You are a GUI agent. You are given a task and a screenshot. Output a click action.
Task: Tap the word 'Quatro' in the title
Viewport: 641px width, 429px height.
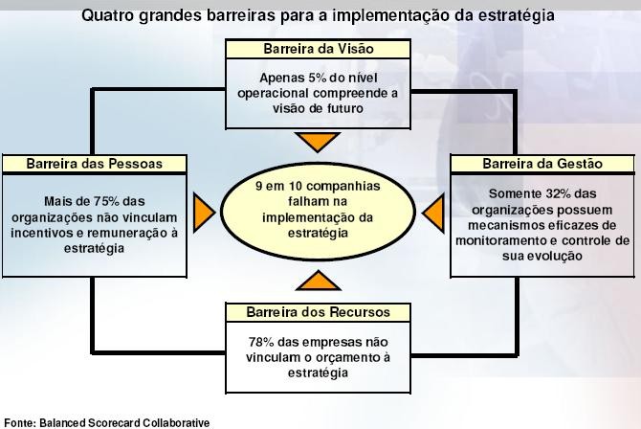[x=107, y=15]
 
